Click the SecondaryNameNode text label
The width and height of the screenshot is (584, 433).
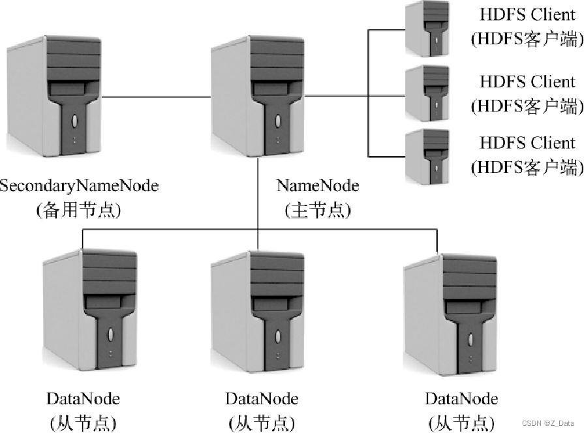point(79,186)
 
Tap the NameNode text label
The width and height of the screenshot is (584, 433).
point(318,186)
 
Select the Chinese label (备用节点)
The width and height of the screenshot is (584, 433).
point(79,211)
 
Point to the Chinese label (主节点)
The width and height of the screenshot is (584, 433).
point(318,211)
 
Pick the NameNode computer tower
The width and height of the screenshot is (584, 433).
point(258,98)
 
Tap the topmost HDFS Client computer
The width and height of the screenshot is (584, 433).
point(427,29)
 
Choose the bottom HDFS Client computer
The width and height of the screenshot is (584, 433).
point(427,155)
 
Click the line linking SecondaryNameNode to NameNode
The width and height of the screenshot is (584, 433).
point(157,97)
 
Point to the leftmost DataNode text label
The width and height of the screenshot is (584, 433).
point(83,398)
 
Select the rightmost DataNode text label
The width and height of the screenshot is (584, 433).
point(461,398)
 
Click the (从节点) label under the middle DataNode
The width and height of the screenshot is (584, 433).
point(262,422)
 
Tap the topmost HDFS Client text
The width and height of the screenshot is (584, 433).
point(527,14)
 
